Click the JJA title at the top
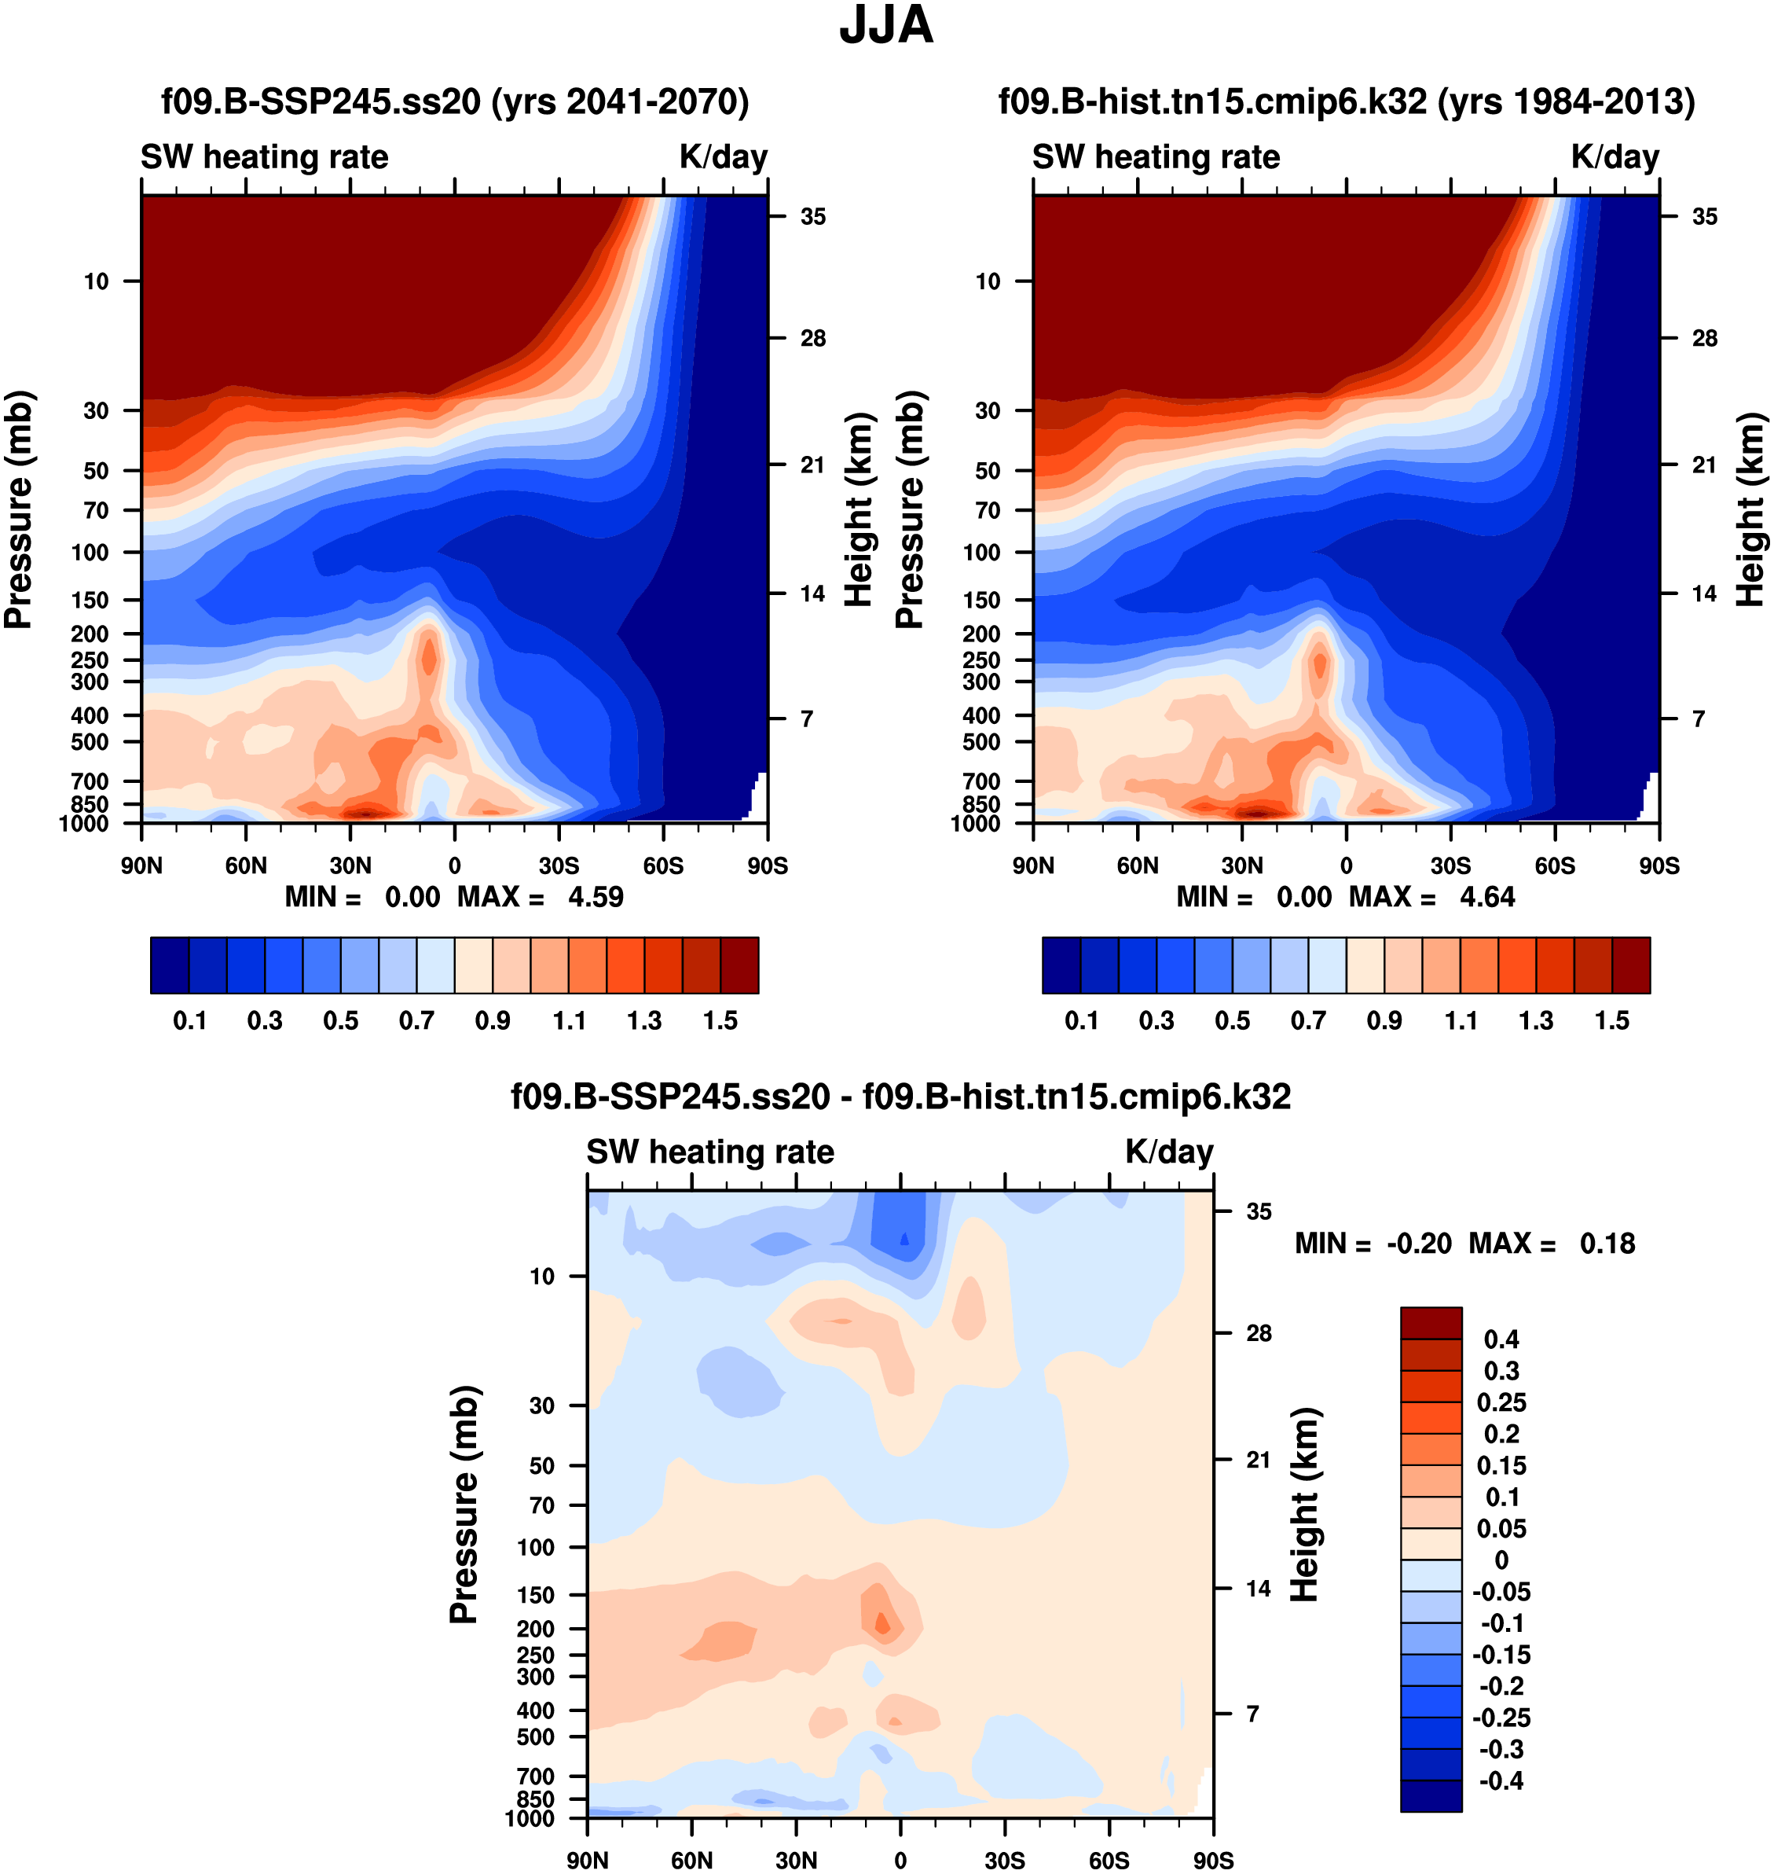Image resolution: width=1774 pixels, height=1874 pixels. [x=886, y=25]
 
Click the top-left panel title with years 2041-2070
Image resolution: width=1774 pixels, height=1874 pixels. [x=455, y=101]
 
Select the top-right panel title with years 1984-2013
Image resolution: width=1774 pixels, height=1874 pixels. [x=1347, y=101]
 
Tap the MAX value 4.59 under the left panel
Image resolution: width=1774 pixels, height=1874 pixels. [x=596, y=897]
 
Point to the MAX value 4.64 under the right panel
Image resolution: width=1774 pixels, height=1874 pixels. [x=1487, y=897]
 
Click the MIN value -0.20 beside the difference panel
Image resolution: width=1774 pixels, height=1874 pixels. [x=1418, y=1243]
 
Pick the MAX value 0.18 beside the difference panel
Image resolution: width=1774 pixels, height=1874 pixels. [x=1607, y=1243]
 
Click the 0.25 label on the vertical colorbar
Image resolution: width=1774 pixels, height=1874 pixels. [x=1501, y=1402]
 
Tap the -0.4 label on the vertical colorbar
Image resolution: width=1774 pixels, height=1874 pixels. [x=1501, y=1780]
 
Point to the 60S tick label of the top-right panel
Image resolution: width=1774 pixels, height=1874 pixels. [x=1555, y=865]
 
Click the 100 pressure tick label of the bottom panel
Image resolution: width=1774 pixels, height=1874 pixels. [x=535, y=1548]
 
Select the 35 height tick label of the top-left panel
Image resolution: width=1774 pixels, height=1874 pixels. [x=813, y=217]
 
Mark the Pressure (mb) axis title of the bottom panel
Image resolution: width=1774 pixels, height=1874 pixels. [x=464, y=1504]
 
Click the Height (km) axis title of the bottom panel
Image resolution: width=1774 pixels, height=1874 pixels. [x=1304, y=1504]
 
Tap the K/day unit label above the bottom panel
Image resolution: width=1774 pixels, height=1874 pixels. [x=1169, y=1152]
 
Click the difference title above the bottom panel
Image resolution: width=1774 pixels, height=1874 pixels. [x=900, y=1097]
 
